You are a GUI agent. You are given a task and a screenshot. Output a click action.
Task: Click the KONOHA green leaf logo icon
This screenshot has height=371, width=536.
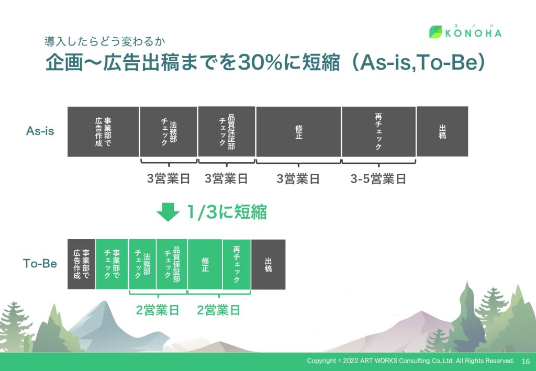435,32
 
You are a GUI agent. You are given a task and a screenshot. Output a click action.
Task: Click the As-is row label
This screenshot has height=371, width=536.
40,131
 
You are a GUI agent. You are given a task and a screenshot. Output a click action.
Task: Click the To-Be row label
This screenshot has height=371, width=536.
40,263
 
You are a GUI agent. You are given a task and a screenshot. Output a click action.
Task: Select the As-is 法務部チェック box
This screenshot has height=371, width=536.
169,131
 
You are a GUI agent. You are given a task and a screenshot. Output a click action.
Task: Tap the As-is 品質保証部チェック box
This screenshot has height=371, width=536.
227,131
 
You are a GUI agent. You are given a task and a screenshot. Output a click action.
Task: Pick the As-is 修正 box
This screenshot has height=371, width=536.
298,131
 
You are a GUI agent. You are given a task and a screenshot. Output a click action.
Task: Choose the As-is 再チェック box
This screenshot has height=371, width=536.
379,131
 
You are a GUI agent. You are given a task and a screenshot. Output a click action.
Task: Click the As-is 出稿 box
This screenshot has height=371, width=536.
442,131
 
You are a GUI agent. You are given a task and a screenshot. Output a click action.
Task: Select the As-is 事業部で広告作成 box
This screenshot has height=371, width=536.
103,131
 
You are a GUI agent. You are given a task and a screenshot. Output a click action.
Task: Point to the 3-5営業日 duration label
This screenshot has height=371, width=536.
378,178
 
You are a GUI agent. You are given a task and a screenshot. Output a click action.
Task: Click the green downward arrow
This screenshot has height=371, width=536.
168,212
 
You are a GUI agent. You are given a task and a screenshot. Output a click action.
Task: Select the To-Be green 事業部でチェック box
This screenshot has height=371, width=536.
112,264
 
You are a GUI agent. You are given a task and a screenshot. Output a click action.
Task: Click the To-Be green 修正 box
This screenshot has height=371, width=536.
205,264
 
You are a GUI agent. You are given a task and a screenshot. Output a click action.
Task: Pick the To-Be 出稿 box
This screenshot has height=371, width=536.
269,264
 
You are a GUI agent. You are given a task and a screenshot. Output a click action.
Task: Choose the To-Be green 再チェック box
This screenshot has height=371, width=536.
237,264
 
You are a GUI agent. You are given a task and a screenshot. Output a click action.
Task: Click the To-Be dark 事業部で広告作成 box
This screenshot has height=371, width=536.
81,264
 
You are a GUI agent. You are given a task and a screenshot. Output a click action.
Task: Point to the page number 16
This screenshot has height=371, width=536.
526,362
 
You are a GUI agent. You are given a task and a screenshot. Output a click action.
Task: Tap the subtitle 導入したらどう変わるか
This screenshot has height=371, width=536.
105,41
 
